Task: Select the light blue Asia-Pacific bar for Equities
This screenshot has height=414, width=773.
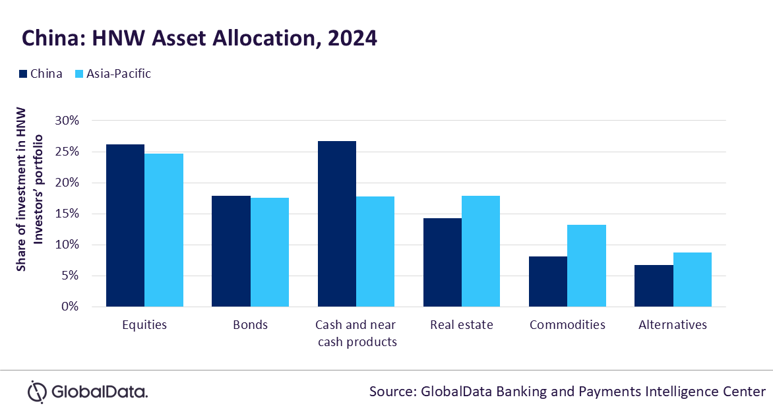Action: [x=164, y=230]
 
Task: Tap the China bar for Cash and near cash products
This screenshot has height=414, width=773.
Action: [x=336, y=224]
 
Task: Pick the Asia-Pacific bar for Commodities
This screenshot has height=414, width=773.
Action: [x=586, y=266]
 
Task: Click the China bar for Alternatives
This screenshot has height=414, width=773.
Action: [x=654, y=286]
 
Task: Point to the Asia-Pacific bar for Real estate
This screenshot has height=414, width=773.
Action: [x=481, y=251]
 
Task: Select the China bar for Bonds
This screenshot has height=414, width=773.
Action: [x=231, y=251]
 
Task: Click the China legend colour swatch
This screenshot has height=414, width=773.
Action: [x=22, y=74]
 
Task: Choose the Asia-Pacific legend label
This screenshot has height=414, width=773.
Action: [x=119, y=74]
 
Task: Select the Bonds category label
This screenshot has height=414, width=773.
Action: [x=250, y=325]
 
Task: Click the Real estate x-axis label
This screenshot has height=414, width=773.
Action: [x=461, y=325]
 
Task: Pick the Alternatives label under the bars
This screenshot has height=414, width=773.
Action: [x=673, y=325]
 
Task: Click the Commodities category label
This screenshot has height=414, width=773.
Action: [x=567, y=325]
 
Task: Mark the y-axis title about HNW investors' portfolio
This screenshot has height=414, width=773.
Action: [x=30, y=188]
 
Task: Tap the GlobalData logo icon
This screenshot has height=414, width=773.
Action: [x=37, y=392]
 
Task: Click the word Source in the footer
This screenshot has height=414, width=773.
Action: [x=390, y=392]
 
